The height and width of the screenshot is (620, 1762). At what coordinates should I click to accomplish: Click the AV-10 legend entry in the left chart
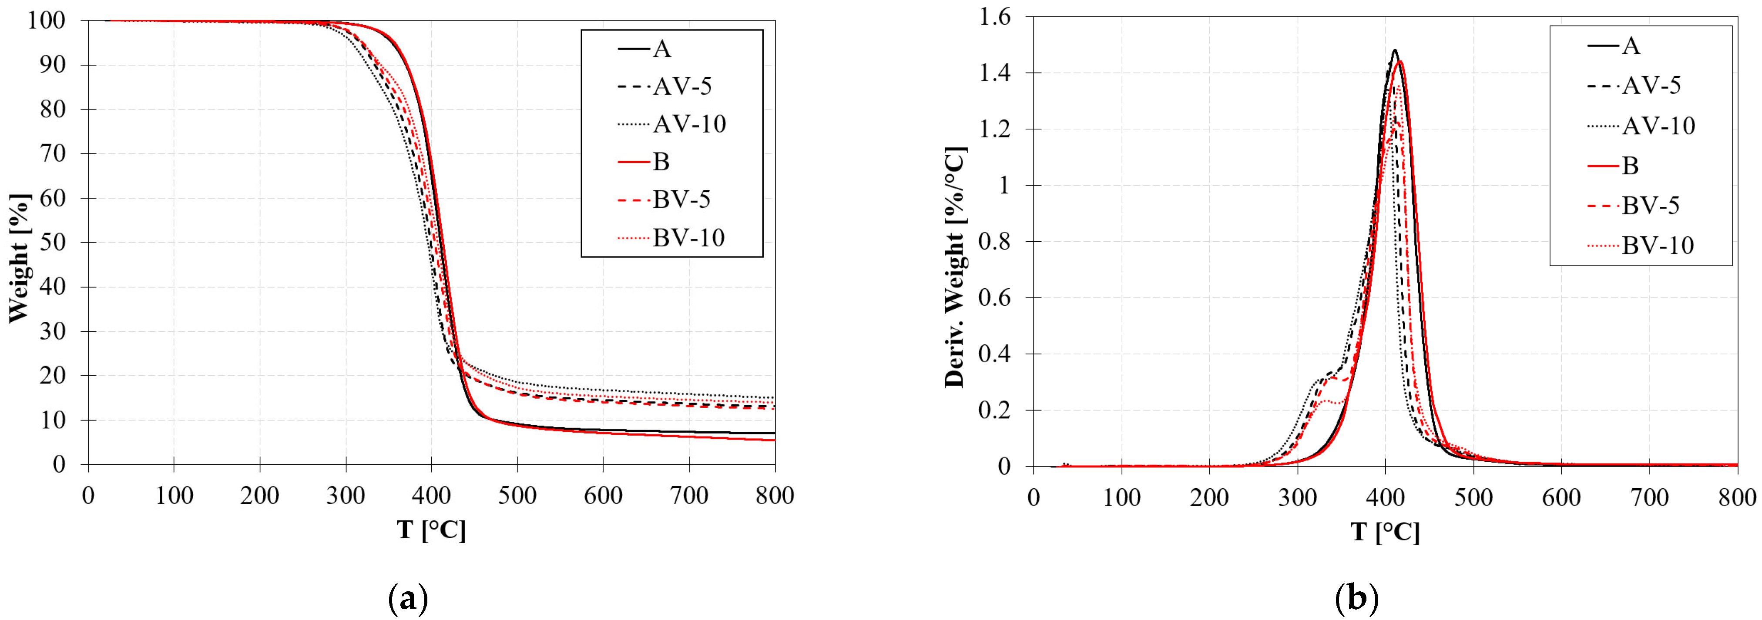pyautogui.click(x=689, y=124)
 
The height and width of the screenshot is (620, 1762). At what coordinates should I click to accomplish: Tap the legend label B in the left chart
pyautogui.click(x=661, y=162)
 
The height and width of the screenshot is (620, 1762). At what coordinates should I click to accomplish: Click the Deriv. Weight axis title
pyautogui.click(x=955, y=267)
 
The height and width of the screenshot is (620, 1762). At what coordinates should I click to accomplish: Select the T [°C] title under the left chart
pyautogui.click(x=431, y=530)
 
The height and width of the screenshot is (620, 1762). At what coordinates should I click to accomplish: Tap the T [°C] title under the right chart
pyautogui.click(x=1385, y=532)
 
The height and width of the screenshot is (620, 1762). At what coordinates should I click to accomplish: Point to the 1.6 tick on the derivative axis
pyautogui.click(x=997, y=17)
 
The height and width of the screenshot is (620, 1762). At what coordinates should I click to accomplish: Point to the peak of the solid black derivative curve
pyautogui.click(x=1389, y=50)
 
